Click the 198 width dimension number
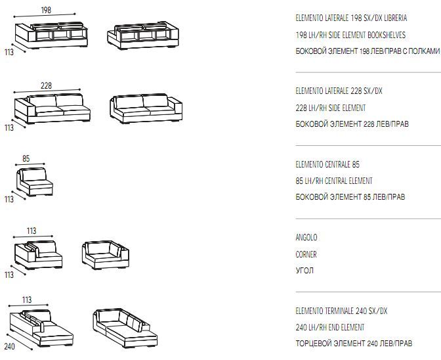[x=46, y=10]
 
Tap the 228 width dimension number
[x=46, y=85]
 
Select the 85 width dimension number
[x=26, y=158]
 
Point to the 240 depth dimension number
[x=10, y=346]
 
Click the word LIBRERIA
[x=396, y=18]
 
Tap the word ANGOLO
[x=306, y=237]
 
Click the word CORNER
[x=306, y=254]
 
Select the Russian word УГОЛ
[x=304, y=271]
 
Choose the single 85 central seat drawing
[x=34, y=182]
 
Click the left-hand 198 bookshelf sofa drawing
[x=51, y=35]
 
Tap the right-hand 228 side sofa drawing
[x=146, y=108]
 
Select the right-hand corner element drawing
[x=106, y=255]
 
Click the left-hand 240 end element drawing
[x=41, y=328]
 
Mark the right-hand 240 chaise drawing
[x=125, y=328]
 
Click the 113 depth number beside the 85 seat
[x=9, y=200]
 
